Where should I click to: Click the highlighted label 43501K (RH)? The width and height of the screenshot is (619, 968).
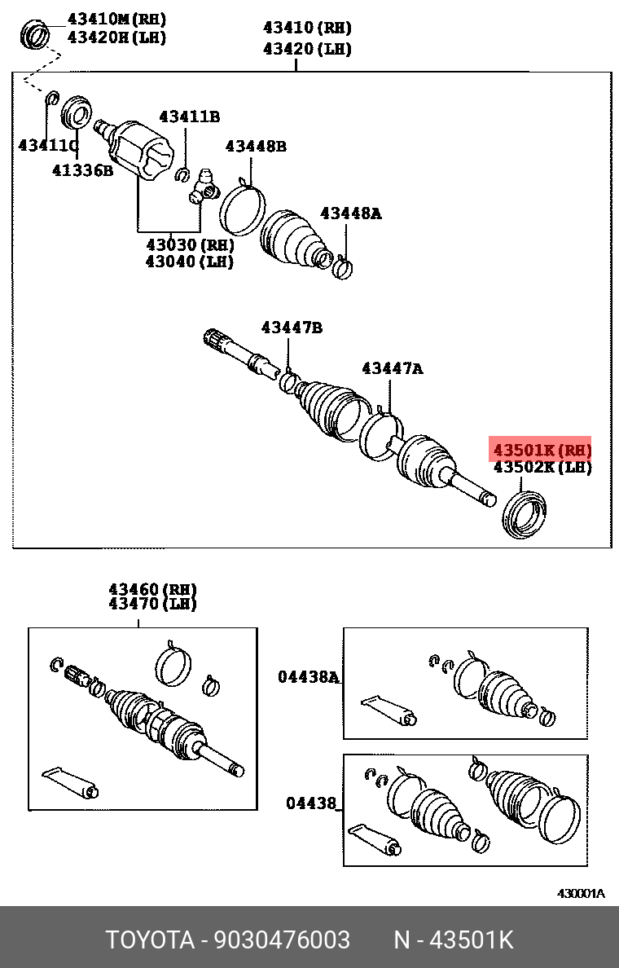click(541, 449)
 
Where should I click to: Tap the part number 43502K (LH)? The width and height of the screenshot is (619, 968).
click(541, 468)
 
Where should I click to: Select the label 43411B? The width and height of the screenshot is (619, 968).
click(189, 117)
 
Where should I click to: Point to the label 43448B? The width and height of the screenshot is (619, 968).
click(256, 147)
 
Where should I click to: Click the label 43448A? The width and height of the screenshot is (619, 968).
click(350, 213)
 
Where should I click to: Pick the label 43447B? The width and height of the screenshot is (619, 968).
click(292, 328)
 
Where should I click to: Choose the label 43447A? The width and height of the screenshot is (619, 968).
click(393, 369)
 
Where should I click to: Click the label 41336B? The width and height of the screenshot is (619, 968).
click(82, 170)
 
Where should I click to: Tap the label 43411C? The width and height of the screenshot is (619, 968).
click(48, 146)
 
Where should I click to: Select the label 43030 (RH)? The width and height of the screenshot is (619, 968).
click(190, 244)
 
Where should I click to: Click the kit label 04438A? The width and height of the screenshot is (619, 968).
click(308, 676)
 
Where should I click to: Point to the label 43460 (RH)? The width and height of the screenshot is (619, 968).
click(153, 588)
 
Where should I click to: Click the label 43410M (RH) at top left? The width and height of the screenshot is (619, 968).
click(116, 18)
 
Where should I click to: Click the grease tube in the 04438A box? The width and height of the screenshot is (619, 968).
click(389, 709)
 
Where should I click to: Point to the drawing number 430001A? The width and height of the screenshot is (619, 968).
click(581, 893)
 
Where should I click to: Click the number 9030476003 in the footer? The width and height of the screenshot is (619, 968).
click(282, 939)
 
